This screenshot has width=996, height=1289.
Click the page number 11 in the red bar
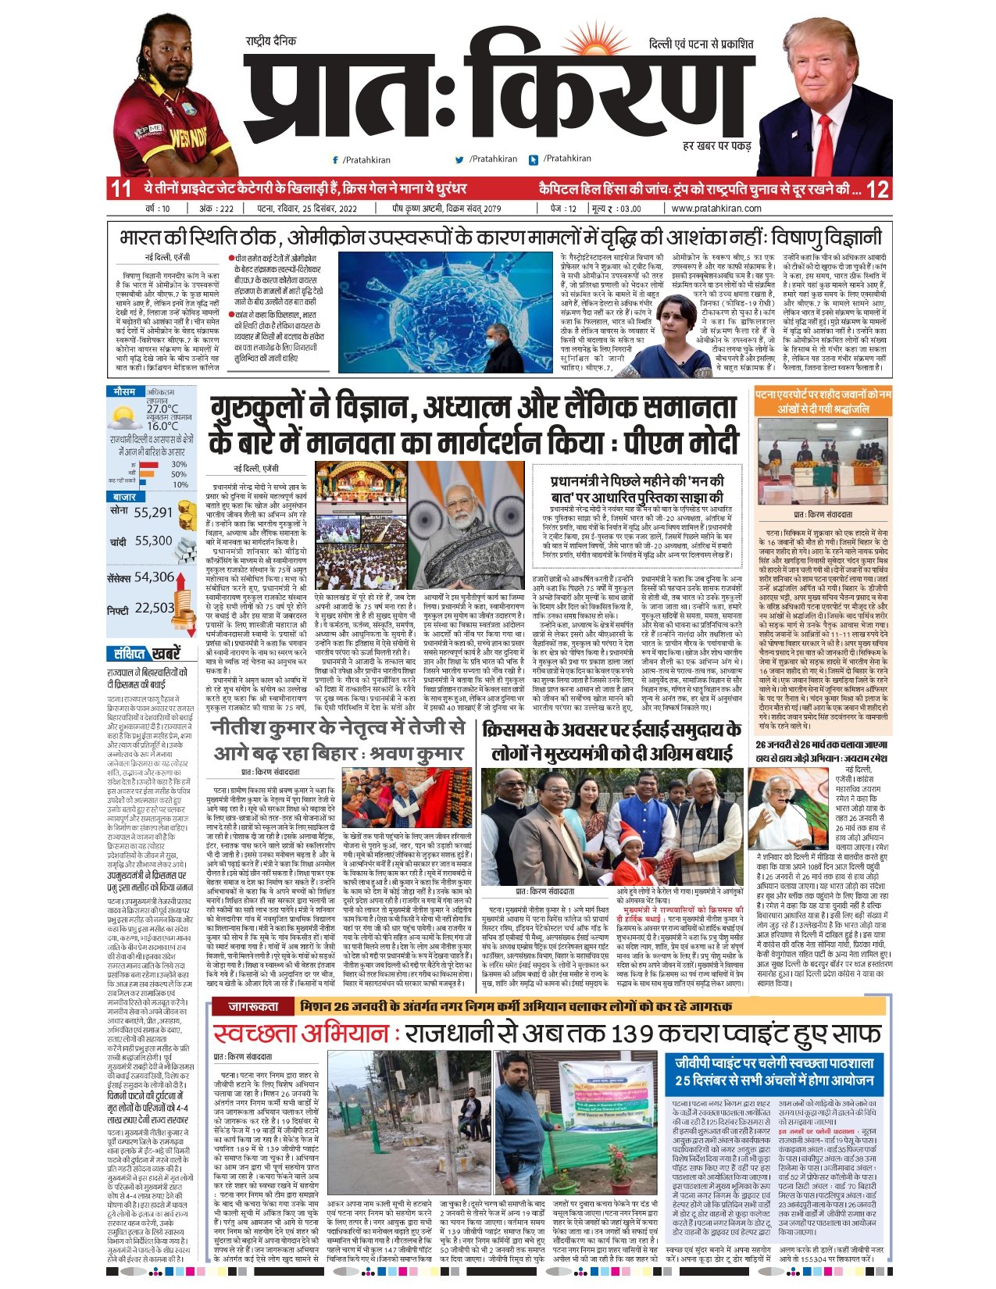120,189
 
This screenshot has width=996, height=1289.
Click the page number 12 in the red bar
877,189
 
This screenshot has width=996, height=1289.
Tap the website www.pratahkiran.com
716,209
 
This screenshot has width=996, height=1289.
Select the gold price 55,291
152,512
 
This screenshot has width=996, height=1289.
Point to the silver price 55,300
153,541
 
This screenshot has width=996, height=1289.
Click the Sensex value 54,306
154,577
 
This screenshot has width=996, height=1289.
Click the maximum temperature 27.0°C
162,409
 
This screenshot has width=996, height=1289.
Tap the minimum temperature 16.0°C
162,426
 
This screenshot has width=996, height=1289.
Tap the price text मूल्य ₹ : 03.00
616,209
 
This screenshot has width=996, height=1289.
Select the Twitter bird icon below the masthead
460,159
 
